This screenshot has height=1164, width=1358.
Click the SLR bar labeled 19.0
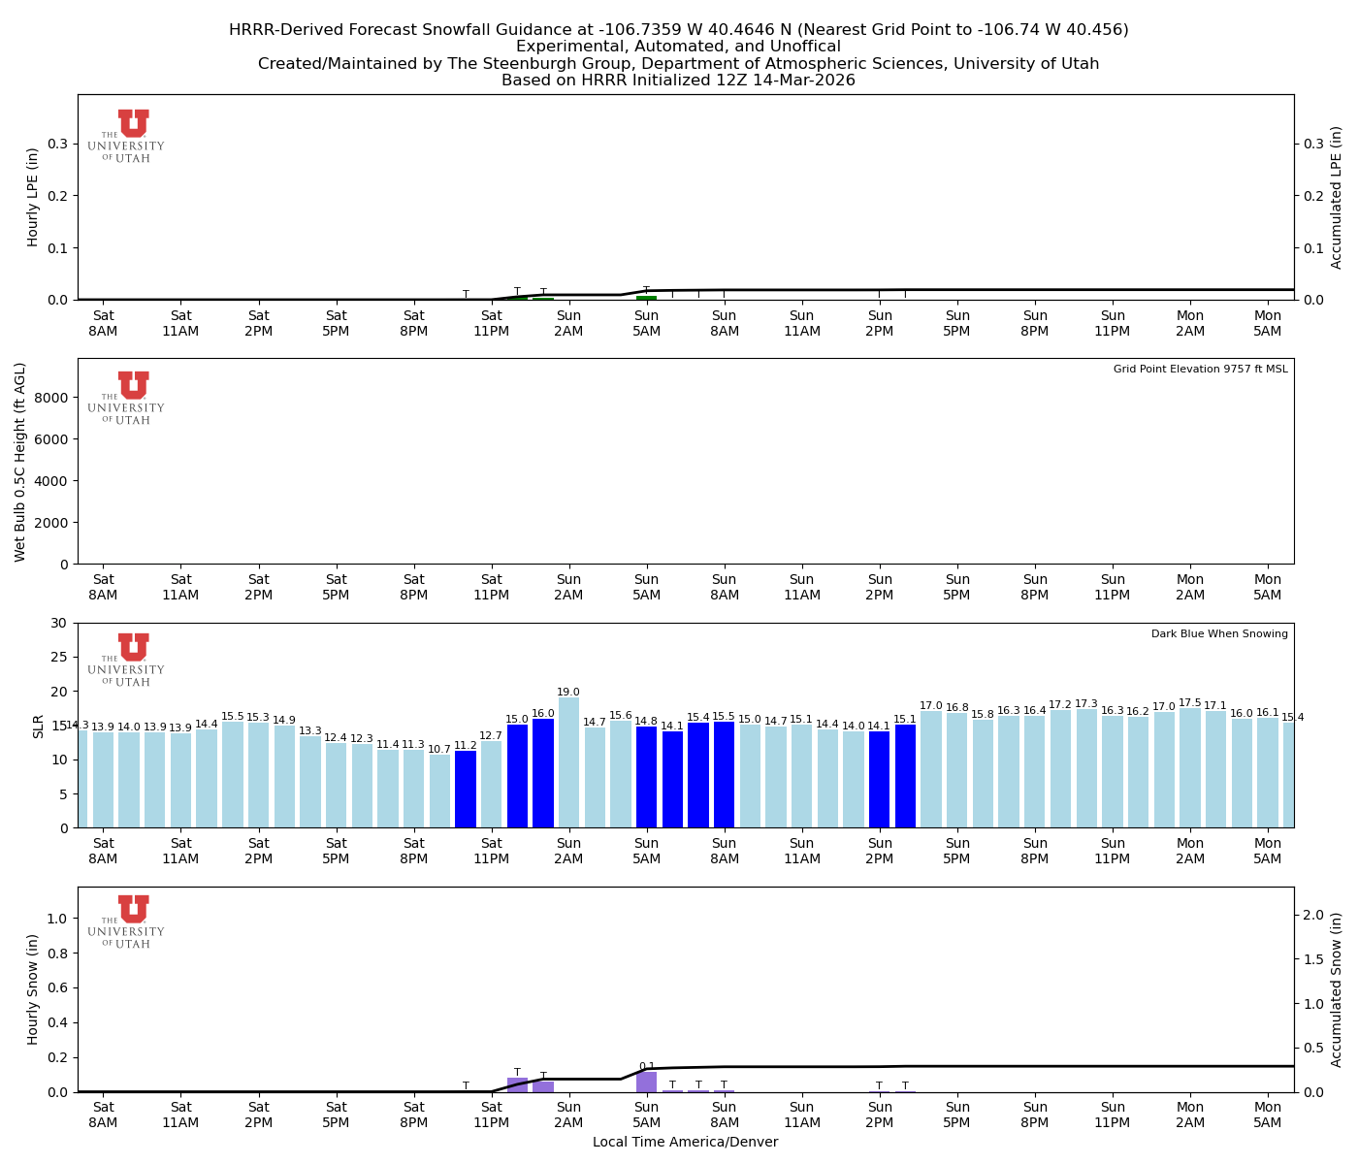(568, 762)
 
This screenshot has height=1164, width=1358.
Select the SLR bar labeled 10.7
(439, 791)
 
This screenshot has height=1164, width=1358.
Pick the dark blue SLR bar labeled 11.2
(466, 789)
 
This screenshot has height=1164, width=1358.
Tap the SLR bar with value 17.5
(1190, 767)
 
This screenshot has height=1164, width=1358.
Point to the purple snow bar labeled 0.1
(646, 1082)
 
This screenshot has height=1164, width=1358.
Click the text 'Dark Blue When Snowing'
(1219, 634)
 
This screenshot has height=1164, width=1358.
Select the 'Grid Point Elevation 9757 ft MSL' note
(1200, 370)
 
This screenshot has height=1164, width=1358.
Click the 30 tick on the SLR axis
(60, 623)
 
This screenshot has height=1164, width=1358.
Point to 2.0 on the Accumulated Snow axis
(1313, 915)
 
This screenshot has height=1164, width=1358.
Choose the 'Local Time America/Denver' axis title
(685, 1143)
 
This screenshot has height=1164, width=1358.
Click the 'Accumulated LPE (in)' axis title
(1337, 197)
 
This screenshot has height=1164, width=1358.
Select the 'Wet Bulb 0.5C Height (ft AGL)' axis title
(20, 462)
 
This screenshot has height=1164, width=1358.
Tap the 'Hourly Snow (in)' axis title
(33, 989)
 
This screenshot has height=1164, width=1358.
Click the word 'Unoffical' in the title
(793, 47)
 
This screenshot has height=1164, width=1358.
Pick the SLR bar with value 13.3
(310, 782)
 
